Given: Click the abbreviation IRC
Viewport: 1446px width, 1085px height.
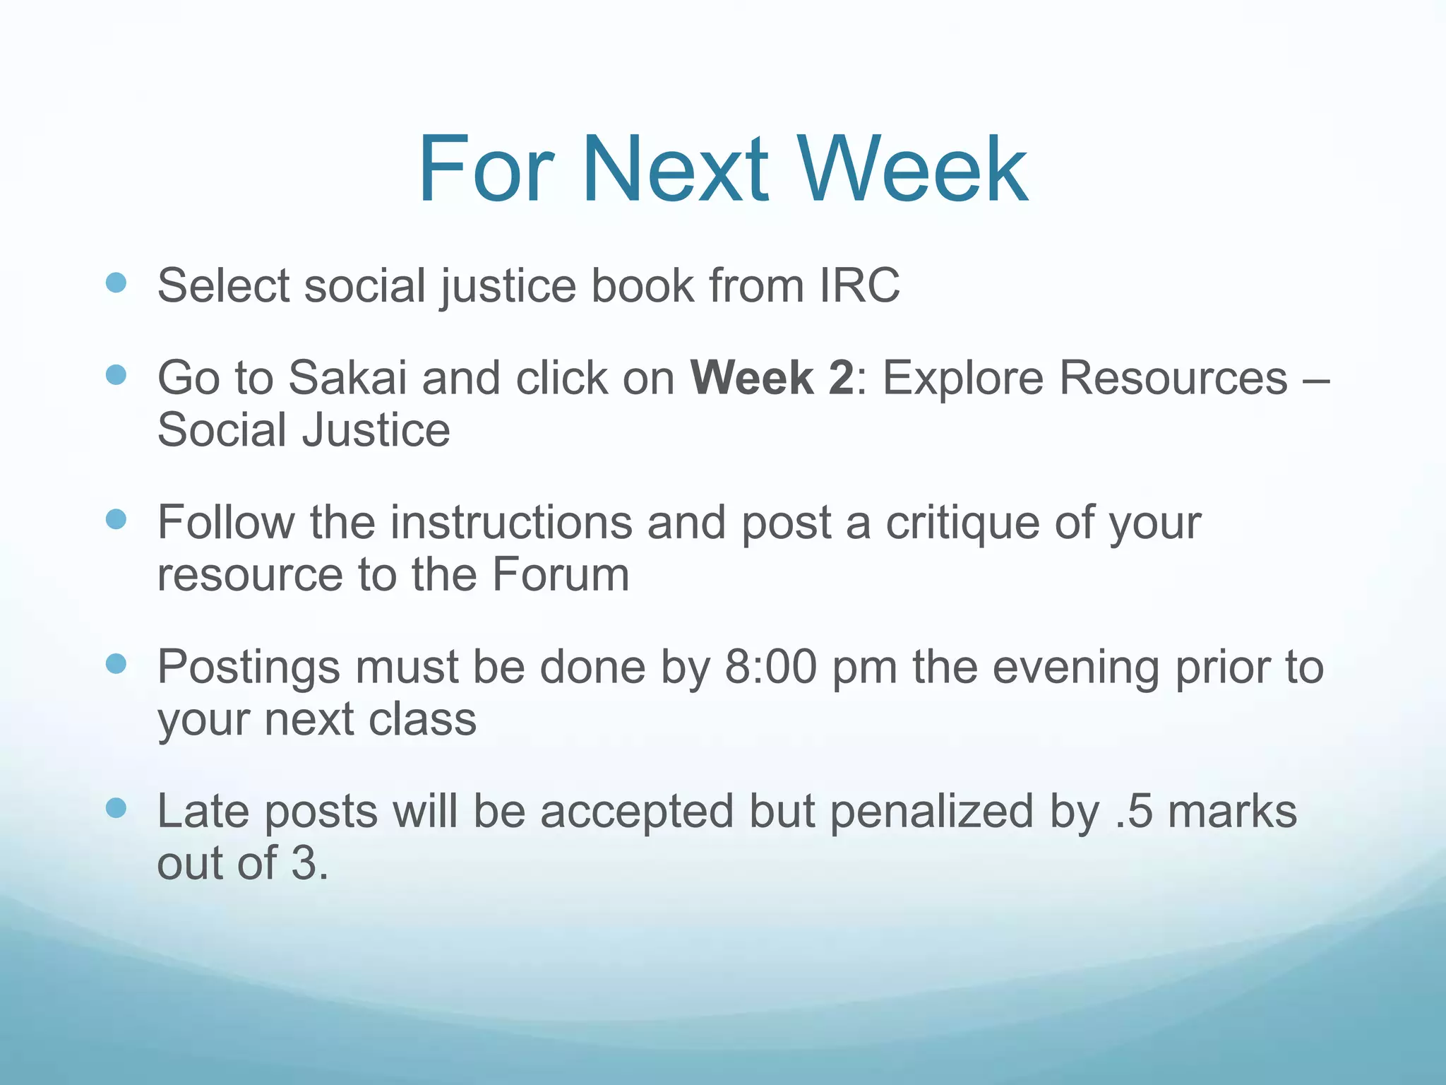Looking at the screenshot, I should tap(859, 285).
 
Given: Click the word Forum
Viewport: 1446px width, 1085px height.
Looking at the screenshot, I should tap(560, 574).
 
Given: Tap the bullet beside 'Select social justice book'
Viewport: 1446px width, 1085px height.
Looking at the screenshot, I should tap(116, 283).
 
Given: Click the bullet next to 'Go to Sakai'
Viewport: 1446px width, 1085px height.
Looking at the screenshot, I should tap(116, 375).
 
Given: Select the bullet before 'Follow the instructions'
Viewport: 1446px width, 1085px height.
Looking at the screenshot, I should tap(116, 520).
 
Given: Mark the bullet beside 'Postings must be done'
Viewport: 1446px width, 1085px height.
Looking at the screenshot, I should tap(116, 664).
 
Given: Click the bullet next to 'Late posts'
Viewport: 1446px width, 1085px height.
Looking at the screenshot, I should tap(116, 808).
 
